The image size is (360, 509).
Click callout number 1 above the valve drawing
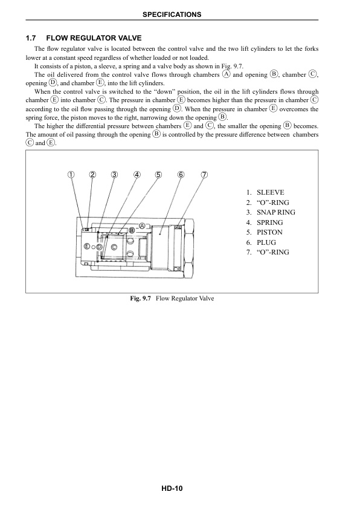pyautogui.click(x=71, y=175)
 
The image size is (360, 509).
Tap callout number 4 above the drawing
pyautogui.click(x=137, y=175)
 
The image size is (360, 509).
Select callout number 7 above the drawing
pyautogui.click(x=204, y=175)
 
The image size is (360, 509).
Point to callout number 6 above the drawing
pyautogui.click(x=181, y=175)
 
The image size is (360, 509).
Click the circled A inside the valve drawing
pyautogui.click(x=141, y=225)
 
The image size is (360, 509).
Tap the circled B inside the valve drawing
pyautogui.click(x=132, y=230)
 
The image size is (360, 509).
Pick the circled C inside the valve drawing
pyautogui.click(x=114, y=247)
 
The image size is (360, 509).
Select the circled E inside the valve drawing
pyautogui.click(x=87, y=247)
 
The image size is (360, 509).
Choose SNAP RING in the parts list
pyautogui.click(x=275, y=212)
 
